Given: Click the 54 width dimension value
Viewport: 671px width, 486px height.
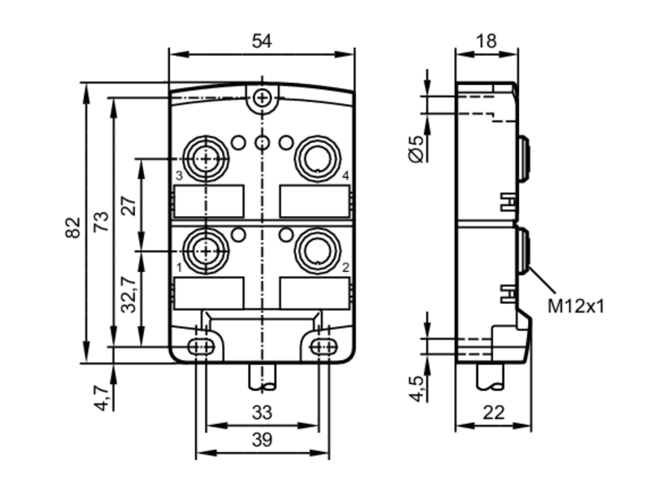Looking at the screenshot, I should [262, 41].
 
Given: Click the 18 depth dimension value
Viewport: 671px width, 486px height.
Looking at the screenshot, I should [486, 41].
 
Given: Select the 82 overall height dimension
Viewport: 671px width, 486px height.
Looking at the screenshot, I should [73, 228].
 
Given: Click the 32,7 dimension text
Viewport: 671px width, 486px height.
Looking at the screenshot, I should [129, 295].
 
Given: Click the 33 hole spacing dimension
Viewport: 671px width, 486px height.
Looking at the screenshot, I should [262, 413].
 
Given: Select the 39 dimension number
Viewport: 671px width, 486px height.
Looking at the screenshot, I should [262, 440].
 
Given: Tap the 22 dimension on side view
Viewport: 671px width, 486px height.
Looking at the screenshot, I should [493, 413].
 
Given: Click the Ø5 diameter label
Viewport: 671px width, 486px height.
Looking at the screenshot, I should [417, 149].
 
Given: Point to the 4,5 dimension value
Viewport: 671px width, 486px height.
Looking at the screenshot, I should [417, 389].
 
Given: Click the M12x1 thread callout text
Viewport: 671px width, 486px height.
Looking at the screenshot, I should [575, 306].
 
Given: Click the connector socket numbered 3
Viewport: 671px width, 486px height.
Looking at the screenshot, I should [206, 158].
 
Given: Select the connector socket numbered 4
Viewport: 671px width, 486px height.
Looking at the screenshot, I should [317, 158].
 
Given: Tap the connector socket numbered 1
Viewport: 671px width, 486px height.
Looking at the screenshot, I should [206, 251].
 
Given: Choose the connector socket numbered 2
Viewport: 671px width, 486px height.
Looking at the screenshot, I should [317, 251].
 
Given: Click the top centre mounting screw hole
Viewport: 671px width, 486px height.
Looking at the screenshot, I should [262, 98].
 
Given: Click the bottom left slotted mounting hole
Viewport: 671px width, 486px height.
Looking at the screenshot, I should [201, 347].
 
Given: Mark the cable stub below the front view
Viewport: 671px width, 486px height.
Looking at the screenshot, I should [262, 377].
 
